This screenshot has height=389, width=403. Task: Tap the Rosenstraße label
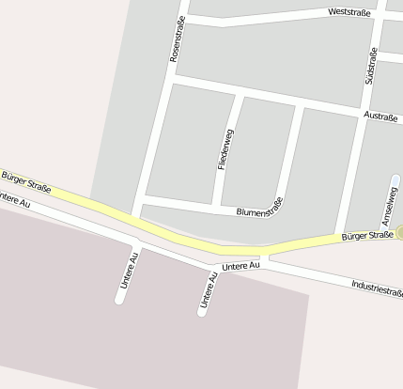[176, 39]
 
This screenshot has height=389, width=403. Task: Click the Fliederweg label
[225, 148]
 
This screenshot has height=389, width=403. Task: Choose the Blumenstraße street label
[259, 211]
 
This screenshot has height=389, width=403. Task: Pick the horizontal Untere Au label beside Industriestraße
[240, 267]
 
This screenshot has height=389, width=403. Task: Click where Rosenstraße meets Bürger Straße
[137, 219]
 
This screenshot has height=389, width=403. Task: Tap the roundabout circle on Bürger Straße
[400, 232]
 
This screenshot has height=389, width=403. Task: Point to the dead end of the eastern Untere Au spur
[202, 311]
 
